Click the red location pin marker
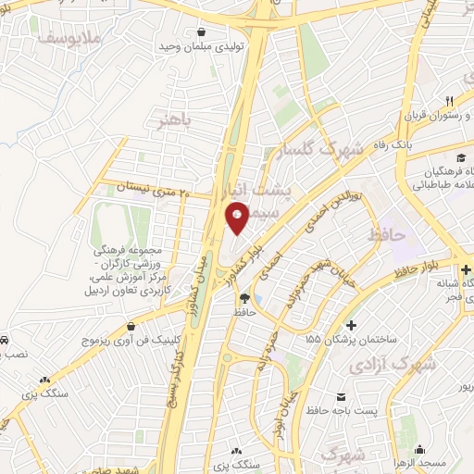[238, 218]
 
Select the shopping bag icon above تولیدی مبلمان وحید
[215, 30]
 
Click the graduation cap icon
[460, 156]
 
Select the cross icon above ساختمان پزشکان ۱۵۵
[351, 326]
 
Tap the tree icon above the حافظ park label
[244, 298]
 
